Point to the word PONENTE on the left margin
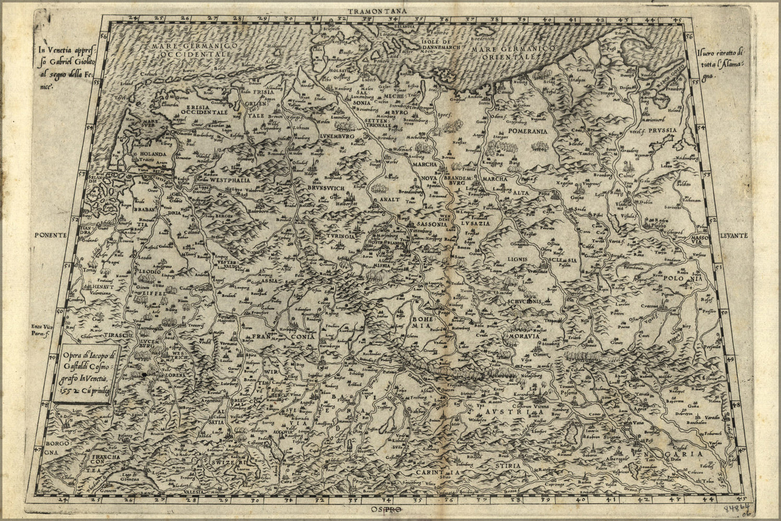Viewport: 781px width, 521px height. pyautogui.click(x=52, y=235)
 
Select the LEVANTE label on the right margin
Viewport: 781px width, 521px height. pyautogui.click(x=734, y=235)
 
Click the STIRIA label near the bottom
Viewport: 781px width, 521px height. pyautogui.click(x=508, y=465)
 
